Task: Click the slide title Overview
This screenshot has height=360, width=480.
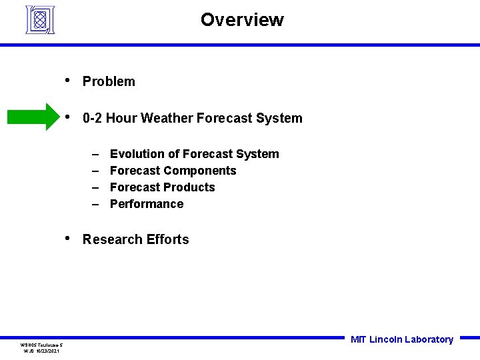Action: (x=242, y=20)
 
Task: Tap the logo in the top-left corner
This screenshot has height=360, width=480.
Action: (x=40, y=19)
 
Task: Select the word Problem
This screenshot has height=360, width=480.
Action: (x=109, y=81)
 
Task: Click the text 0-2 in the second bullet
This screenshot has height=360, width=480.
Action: (x=92, y=118)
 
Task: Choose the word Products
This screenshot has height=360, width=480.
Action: (x=190, y=187)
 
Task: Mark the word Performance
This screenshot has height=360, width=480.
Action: (x=147, y=204)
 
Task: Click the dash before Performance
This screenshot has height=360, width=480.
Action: (x=95, y=204)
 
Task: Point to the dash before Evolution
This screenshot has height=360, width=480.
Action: (x=95, y=154)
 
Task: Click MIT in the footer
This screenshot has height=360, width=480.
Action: (x=358, y=339)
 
